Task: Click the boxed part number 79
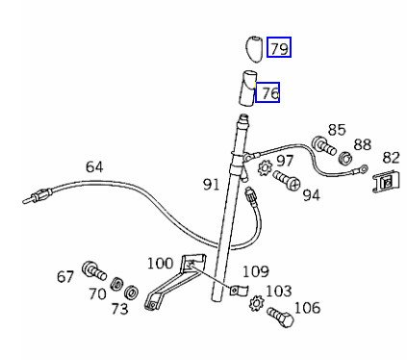[279, 47]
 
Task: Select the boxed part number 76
[267, 92]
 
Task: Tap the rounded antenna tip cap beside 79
[253, 49]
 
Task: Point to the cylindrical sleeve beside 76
[248, 89]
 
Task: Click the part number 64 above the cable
[94, 167]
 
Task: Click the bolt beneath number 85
[323, 145]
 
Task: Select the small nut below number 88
[345, 158]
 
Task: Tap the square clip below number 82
[386, 181]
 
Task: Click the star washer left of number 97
[266, 167]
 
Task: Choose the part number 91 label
[211, 185]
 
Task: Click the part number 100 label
[160, 264]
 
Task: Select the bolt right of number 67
[94, 271]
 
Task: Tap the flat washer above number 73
[131, 291]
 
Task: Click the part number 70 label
[97, 294]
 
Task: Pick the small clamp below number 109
[239, 290]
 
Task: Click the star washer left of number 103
[256, 303]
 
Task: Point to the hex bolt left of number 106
[280, 316]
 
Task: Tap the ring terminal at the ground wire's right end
[364, 167]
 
